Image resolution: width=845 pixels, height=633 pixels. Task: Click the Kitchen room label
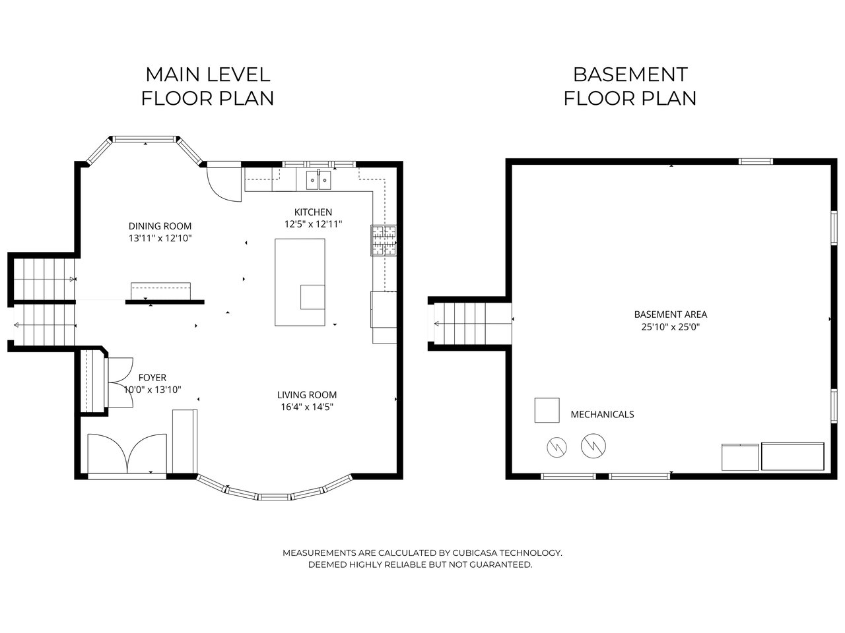click(x=313, y=212)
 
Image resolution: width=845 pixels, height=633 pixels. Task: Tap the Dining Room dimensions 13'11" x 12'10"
click(x=160, y=238)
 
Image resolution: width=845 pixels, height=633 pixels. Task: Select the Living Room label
click(x=307, y=395)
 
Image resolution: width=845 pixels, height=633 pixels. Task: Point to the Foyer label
click(x=152, y=377)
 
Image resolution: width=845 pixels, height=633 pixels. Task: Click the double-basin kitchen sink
click(x=318, y=180)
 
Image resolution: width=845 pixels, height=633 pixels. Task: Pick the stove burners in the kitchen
click(x=384, y=240)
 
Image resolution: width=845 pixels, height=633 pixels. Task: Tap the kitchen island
click(x=300, y=282)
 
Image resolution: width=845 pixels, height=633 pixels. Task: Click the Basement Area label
click(x=670, y=315)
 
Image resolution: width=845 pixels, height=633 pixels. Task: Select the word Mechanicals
click(x=602, y=414)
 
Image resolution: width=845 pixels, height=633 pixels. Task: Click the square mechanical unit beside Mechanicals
click(x=547, y=411)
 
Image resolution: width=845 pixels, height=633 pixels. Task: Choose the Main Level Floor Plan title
click(x=207, y=86)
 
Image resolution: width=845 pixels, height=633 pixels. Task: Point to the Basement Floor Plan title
click(x=630, y=86)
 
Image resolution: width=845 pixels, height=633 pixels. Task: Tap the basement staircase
click(x=473, y=324)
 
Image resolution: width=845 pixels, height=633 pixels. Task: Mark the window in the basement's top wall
click(x=755, y=162)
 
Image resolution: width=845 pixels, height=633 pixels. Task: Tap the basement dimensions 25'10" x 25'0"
click(x=670, y=327)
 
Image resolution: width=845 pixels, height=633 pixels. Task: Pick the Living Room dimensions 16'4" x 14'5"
click(x=307, y=407)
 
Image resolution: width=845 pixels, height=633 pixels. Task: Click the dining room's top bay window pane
click(x=145, y=139)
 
